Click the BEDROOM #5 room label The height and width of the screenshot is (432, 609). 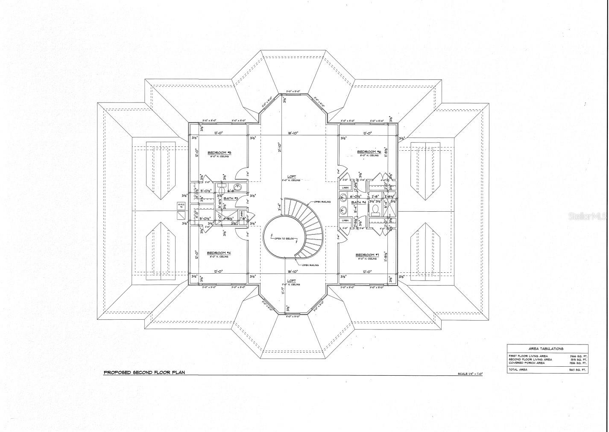click(x=219, y=152)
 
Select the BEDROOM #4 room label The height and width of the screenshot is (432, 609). click(x=219, y=253)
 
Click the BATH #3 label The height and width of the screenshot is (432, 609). click(x=231, y=198)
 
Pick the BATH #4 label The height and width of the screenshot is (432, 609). click(x=359, y=202)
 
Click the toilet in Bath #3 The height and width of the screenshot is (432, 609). click(x=221, y=186)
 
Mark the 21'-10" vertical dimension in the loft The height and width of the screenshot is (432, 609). click(x=280, y=147)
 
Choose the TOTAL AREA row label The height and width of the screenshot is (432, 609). click(x=518, y=369)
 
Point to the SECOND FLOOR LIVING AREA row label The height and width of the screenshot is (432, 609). click(x=530, y=359)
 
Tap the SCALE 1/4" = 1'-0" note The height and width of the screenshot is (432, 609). click(x=470, y=374)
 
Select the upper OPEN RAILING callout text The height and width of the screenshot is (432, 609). click(x=322, y=201)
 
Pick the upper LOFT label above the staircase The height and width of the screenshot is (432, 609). click(x=292, y=176)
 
